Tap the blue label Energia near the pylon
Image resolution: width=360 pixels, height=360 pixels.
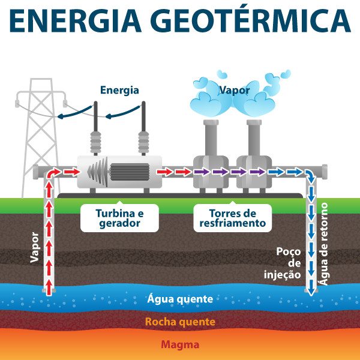(119, 91)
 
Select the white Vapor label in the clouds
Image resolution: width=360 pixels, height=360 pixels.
(235, 91)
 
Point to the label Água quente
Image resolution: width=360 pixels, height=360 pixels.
(180, 299)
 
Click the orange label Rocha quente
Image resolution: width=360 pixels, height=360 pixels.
(180, 322)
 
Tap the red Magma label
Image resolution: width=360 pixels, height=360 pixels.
(180, 345)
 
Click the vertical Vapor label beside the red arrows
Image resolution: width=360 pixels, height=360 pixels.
(34, 247)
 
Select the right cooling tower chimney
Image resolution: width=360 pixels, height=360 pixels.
(253, 138)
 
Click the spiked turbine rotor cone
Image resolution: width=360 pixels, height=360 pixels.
(96, 172)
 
